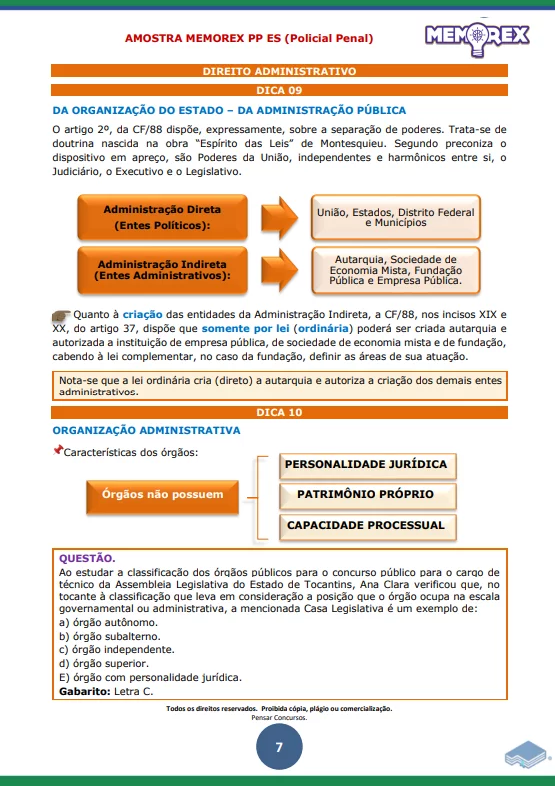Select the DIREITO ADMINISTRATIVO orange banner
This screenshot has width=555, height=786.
[279, 72]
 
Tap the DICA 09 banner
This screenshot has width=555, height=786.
[279, 90]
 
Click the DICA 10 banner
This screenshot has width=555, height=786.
[279, 411]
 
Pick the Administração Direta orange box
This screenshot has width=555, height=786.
[162, 217]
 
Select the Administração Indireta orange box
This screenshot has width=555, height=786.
[162, 269]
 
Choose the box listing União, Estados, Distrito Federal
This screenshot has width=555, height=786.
[395, 217]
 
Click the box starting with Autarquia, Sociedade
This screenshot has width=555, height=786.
[395, 269]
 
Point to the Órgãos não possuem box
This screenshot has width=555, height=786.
[162, 494]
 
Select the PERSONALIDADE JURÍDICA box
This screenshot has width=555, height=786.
[365, 465]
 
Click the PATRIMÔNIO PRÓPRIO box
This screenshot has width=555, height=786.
[365, 494]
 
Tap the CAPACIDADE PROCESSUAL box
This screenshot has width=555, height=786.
[365, 525]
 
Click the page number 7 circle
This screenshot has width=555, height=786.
[279, 749]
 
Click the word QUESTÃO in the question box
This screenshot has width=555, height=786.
[87, 558]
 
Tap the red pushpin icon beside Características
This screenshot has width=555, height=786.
[57, 452]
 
